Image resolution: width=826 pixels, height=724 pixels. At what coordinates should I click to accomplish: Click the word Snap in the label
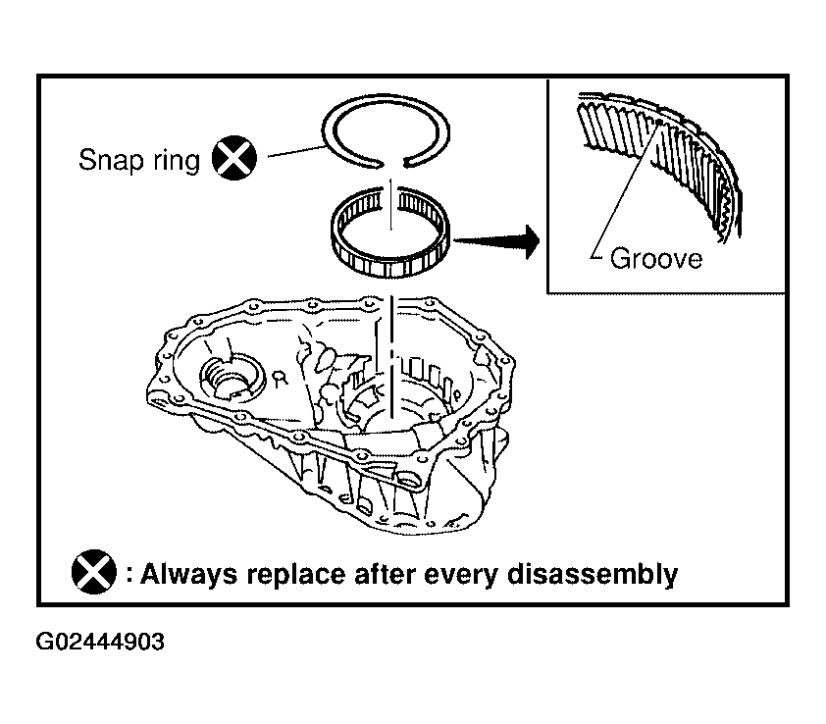point(111,160)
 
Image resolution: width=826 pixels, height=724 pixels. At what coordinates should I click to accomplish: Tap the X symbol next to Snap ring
point(234,158)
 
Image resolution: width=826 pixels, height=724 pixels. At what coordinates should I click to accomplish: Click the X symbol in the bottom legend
point(94,572)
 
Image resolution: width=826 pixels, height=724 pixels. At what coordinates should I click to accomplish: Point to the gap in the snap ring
point(392,163)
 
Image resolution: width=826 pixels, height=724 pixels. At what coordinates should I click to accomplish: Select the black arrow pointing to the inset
point(496,241)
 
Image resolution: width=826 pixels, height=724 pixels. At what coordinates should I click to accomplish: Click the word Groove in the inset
point(656,259)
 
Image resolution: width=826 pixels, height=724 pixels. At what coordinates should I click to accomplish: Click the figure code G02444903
point(100,642)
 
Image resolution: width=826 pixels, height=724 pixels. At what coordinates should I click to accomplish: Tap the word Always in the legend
point(189,574)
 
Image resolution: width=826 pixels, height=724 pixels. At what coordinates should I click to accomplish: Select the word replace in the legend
point(296,574)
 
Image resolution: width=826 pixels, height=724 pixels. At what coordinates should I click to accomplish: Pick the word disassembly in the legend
point(593,574)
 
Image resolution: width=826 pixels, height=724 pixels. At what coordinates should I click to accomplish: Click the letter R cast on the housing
point(281,378)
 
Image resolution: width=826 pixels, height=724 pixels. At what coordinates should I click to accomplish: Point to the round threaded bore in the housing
point(232,378)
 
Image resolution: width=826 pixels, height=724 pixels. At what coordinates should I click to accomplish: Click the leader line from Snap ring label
point(297,151)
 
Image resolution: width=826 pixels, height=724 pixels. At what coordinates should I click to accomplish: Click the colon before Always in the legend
point(129,574)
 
